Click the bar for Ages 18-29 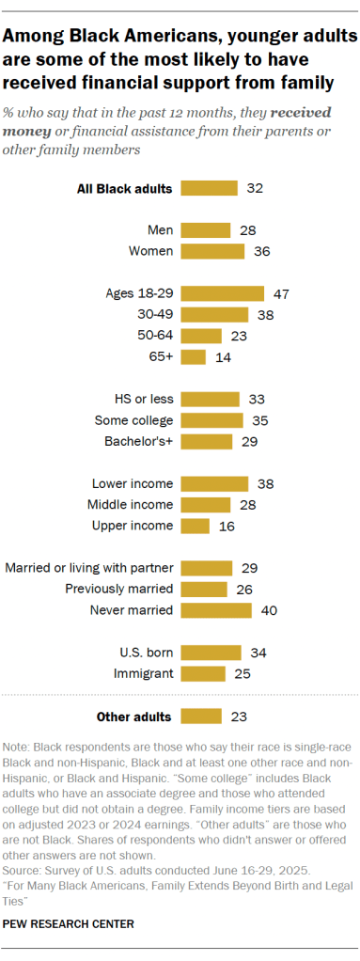222,293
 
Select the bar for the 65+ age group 193,356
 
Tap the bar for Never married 215,610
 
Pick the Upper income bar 195,526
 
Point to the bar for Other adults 200,717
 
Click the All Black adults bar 209,188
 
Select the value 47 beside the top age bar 280,293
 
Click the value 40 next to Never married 268,610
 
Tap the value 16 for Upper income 226,526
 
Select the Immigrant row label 144,674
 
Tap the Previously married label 118,590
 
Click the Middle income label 131,505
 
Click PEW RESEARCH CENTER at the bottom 69,923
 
